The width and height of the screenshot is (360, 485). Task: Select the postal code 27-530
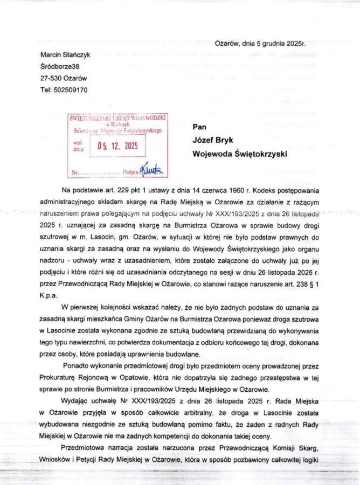[x=52, y=78]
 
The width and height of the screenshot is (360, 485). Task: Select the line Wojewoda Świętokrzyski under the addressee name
[x=240, y=153]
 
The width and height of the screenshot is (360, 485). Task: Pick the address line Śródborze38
[x=60, y=67]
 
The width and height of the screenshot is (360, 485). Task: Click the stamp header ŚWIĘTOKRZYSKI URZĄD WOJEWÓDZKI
[x=117, y=117]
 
